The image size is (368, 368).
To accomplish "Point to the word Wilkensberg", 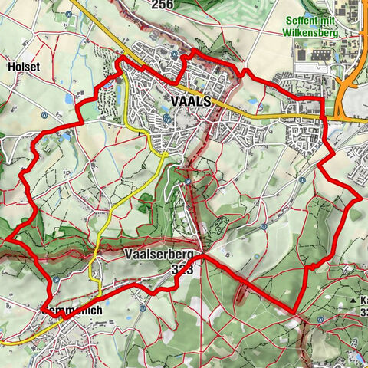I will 320,34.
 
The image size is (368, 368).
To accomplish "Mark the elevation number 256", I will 162,5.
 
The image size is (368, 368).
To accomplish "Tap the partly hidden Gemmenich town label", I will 73,310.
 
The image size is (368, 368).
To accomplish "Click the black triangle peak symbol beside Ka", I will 354,300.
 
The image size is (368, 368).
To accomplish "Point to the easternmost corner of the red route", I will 360,199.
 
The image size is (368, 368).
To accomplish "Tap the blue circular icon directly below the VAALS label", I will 168,120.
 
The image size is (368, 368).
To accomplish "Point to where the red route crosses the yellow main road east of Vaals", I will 325,117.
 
